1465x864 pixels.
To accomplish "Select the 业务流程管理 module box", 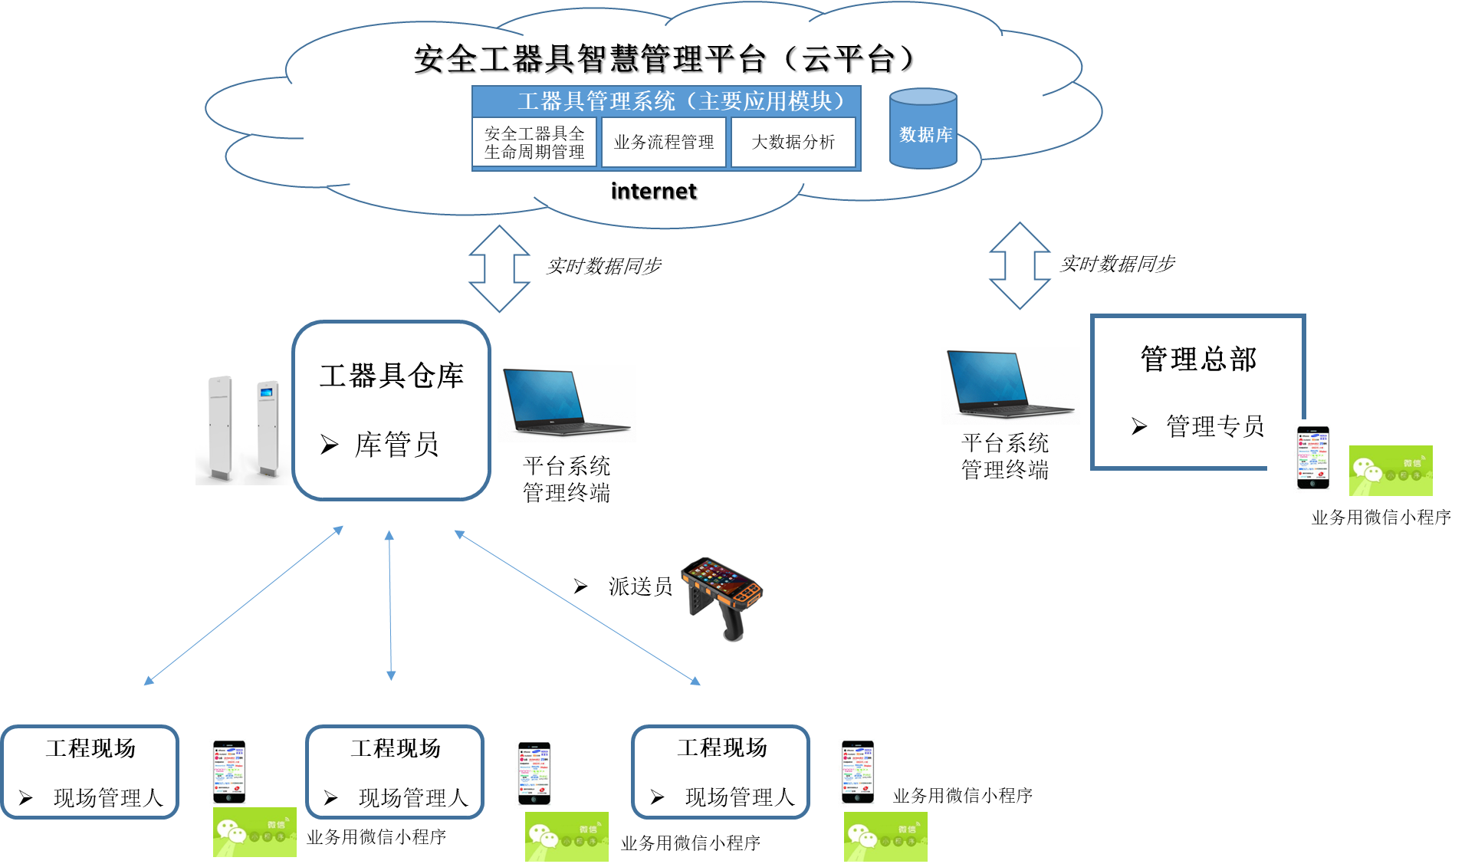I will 663,142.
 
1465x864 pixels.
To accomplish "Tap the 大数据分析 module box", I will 793,142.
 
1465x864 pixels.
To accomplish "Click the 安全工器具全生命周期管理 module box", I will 534,143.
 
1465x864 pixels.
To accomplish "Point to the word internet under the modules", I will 653,191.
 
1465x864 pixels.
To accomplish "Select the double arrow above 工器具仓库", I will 499,268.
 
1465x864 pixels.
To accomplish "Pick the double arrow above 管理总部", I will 1019,266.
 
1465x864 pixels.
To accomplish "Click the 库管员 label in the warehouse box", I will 396,445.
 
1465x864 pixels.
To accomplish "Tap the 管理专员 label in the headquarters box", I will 1214,425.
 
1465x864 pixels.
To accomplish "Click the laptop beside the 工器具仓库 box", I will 567,403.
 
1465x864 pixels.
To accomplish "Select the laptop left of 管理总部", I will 1010,385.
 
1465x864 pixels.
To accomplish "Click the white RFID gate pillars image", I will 243,428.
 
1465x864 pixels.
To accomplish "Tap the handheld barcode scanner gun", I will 721,600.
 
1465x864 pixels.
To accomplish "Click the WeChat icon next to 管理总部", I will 1390,471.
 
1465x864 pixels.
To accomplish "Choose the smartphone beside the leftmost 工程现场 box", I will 229,771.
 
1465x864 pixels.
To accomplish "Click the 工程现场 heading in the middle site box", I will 396,748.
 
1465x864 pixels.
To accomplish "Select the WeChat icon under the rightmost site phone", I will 885,836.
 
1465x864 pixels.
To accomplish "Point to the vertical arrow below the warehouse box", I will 390,606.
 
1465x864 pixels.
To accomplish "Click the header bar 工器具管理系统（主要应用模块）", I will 665,101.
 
